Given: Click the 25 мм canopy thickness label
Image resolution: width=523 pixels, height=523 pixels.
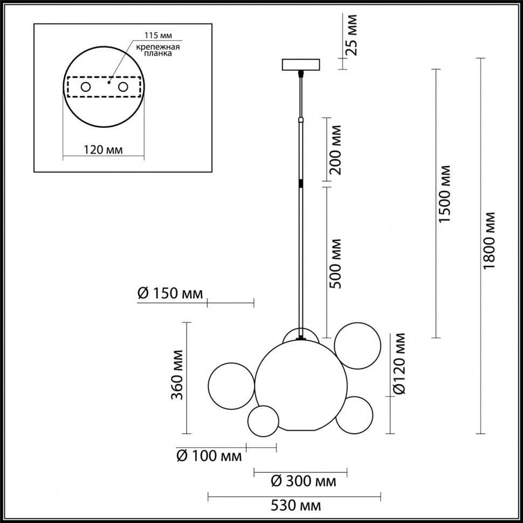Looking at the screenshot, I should click(x=351, y=35).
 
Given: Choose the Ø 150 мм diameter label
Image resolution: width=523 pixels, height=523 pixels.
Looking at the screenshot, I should click(x=170, y=294).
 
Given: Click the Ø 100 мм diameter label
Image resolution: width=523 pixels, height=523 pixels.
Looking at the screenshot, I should click(x=209, y=457).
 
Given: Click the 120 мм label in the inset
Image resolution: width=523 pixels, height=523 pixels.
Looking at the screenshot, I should click(x=103, y=150).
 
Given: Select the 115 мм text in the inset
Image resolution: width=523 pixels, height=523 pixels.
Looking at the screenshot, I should click(x=158, y=36).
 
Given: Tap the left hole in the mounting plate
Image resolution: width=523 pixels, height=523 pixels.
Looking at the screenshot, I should click(x=85, y=87).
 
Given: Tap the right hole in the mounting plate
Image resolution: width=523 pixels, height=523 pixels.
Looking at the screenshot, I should click(x=123, y=87).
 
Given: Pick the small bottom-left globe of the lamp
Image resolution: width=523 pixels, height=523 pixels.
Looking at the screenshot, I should click(x=263, y=418).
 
